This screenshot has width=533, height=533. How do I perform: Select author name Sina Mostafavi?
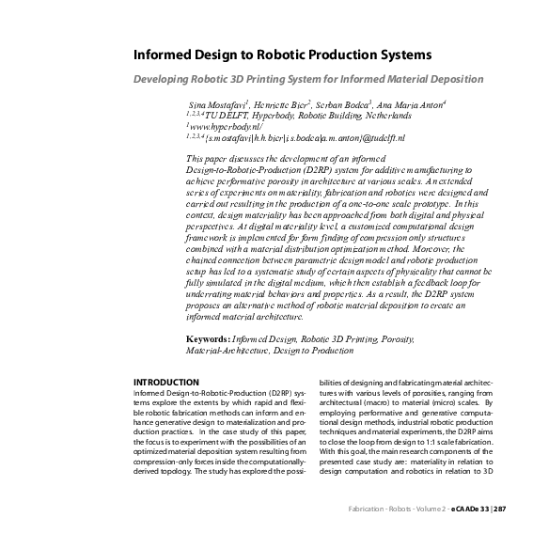coord(219,102)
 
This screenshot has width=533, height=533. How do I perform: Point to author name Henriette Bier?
coord(286,102)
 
